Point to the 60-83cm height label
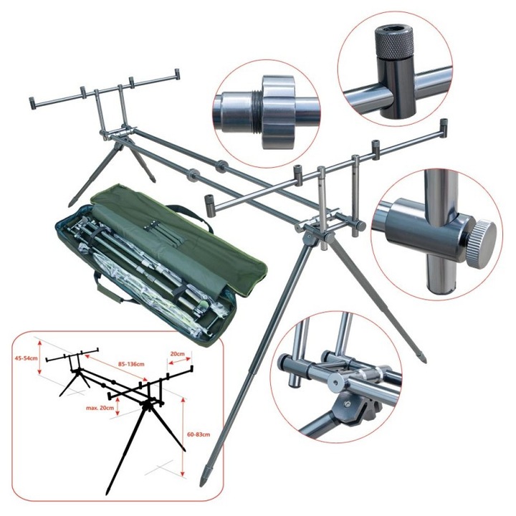(x=199, y=434)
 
